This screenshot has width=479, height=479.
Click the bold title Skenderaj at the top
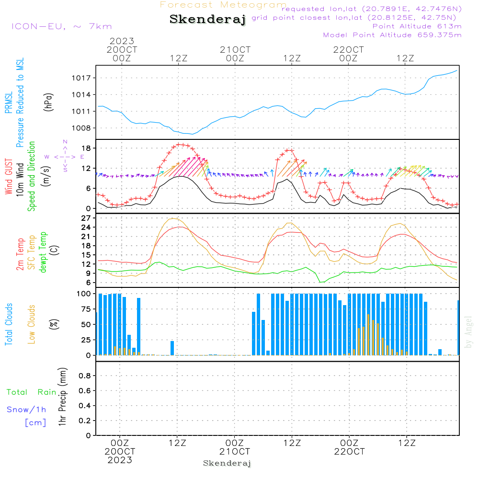(x=207, y=20)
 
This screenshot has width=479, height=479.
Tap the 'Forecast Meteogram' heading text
(x=223, y=5)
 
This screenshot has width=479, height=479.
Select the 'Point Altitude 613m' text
(x=417, y=26)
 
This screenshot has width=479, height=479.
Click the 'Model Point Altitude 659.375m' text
(x=392, y=34)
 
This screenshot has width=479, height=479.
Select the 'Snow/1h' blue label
(x=26, y=410)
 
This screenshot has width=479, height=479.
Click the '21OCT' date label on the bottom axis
(x=235, y=451)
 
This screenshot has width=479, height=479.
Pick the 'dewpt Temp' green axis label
(x=44, y=252)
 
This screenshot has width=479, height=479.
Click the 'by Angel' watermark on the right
(x=468, y=332)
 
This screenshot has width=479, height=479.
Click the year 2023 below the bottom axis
(x=120, y=460)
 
